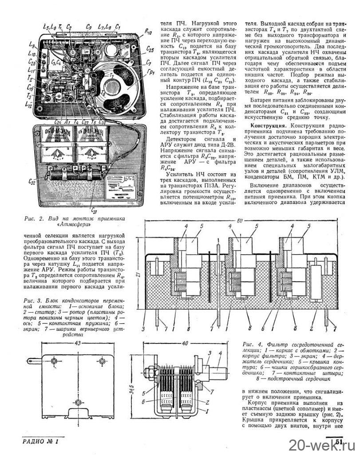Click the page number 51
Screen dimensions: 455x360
(339, 442)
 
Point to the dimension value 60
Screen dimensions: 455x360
(239, 220)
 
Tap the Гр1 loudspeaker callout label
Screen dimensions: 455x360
(150, 72)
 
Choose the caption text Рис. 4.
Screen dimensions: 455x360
(253, 344)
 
